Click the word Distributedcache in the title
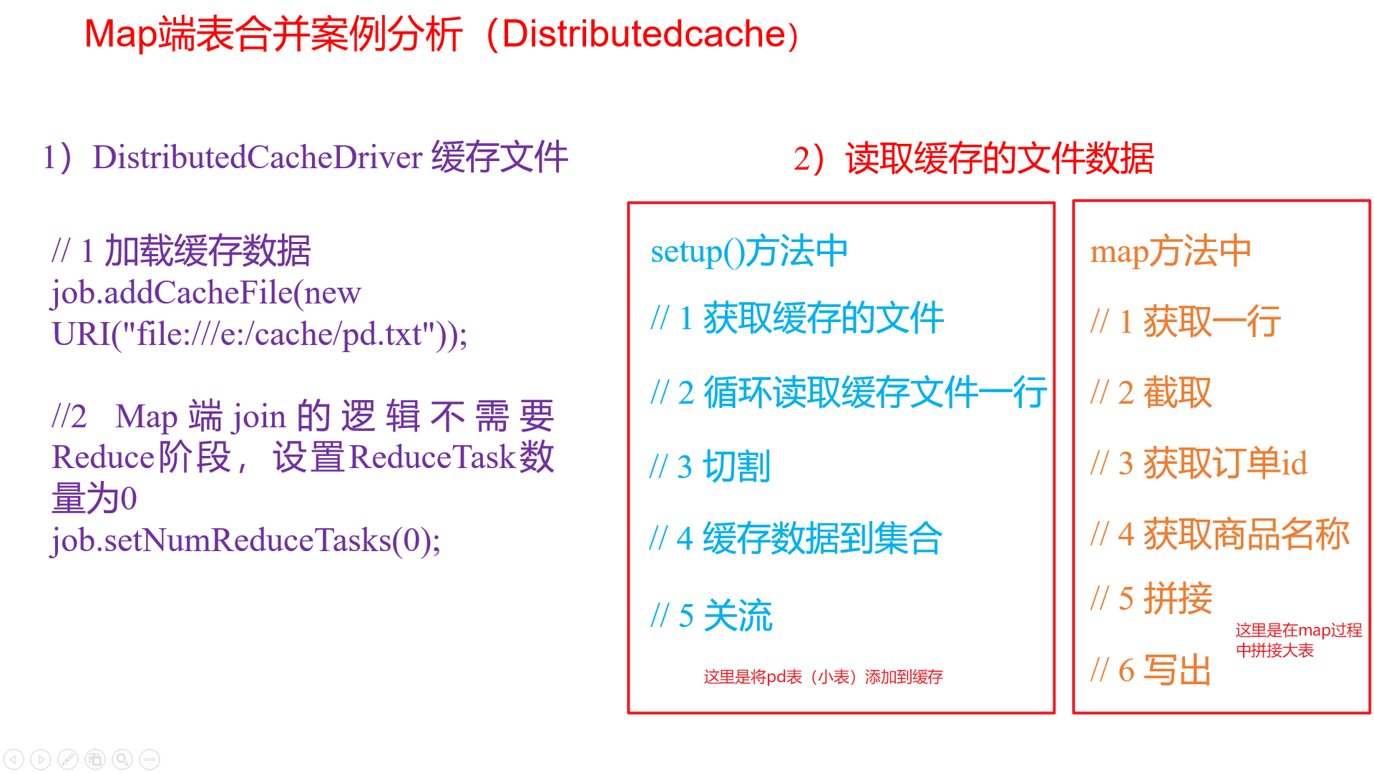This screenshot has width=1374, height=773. pyautogui.click(x=644, y=34)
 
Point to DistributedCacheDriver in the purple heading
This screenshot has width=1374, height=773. pyautogui.click(x=258, y=157)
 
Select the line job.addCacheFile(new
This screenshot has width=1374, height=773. pyautogui.click(x=206, y=292)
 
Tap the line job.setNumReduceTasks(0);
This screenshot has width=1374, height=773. pyautogui.click(x=245, y=540)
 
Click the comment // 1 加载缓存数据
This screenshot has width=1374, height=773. pyautogui.click(x=181, y=251)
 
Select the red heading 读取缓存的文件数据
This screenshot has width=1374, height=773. pyautogui.click(x=999, y=158)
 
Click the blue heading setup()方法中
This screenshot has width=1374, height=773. pyautogui.click(x=749, y=251)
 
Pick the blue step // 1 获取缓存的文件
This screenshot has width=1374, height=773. pyautogui.click(x=796, y=318)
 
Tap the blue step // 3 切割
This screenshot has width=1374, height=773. pyautogui.click(x=710, y=467)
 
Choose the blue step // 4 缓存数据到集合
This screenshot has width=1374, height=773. pyautogui.click(x=796, y=538)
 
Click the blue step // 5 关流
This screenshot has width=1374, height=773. pyautogui.click(x=711, y=616)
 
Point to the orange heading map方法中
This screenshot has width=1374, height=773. pyautogui.click(x=1170, y=251)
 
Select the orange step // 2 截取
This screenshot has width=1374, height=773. pyautogui.click(x=1151, y=392)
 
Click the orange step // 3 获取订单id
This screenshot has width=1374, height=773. pyautogui.click(x=1199, y=463)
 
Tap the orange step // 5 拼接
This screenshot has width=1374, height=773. pyautogui.click(x=1151, y=598)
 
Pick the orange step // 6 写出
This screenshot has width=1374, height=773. pyautogui.click(x=1151, y=670)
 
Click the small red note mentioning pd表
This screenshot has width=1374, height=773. pyautogui.click(x=823, y=676)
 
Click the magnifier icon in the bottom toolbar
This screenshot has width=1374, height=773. pyautogui.click(x=122, y=759)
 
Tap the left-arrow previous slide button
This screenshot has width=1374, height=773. pyautogui.click(x=14, y=759)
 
